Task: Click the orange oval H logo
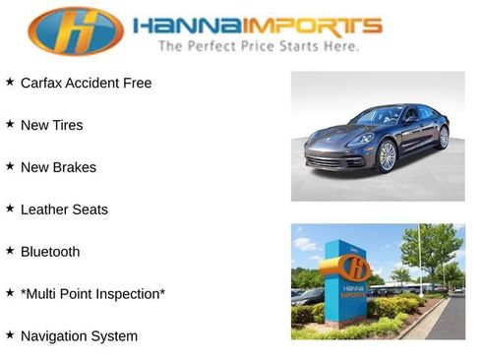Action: tap(75, 30)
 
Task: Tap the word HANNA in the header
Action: tap(183, 26)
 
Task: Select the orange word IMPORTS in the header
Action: tap(309, 26)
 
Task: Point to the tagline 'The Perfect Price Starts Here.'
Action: tap(258, 46)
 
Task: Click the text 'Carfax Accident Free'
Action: tap(87, 83)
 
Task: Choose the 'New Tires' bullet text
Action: tap(52, 125)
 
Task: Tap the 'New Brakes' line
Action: tap(58, 167)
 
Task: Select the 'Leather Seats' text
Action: tap(64, 210)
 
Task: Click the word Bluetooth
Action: tap(50, 252)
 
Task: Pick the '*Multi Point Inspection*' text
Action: tap(92, 294)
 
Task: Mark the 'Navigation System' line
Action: tap(79, 336)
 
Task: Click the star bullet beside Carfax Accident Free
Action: tap(10, 82)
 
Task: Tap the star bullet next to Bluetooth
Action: tap(10, 251)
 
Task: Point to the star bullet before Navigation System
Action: tap(10, 335)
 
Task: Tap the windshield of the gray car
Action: tap(378, 116)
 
